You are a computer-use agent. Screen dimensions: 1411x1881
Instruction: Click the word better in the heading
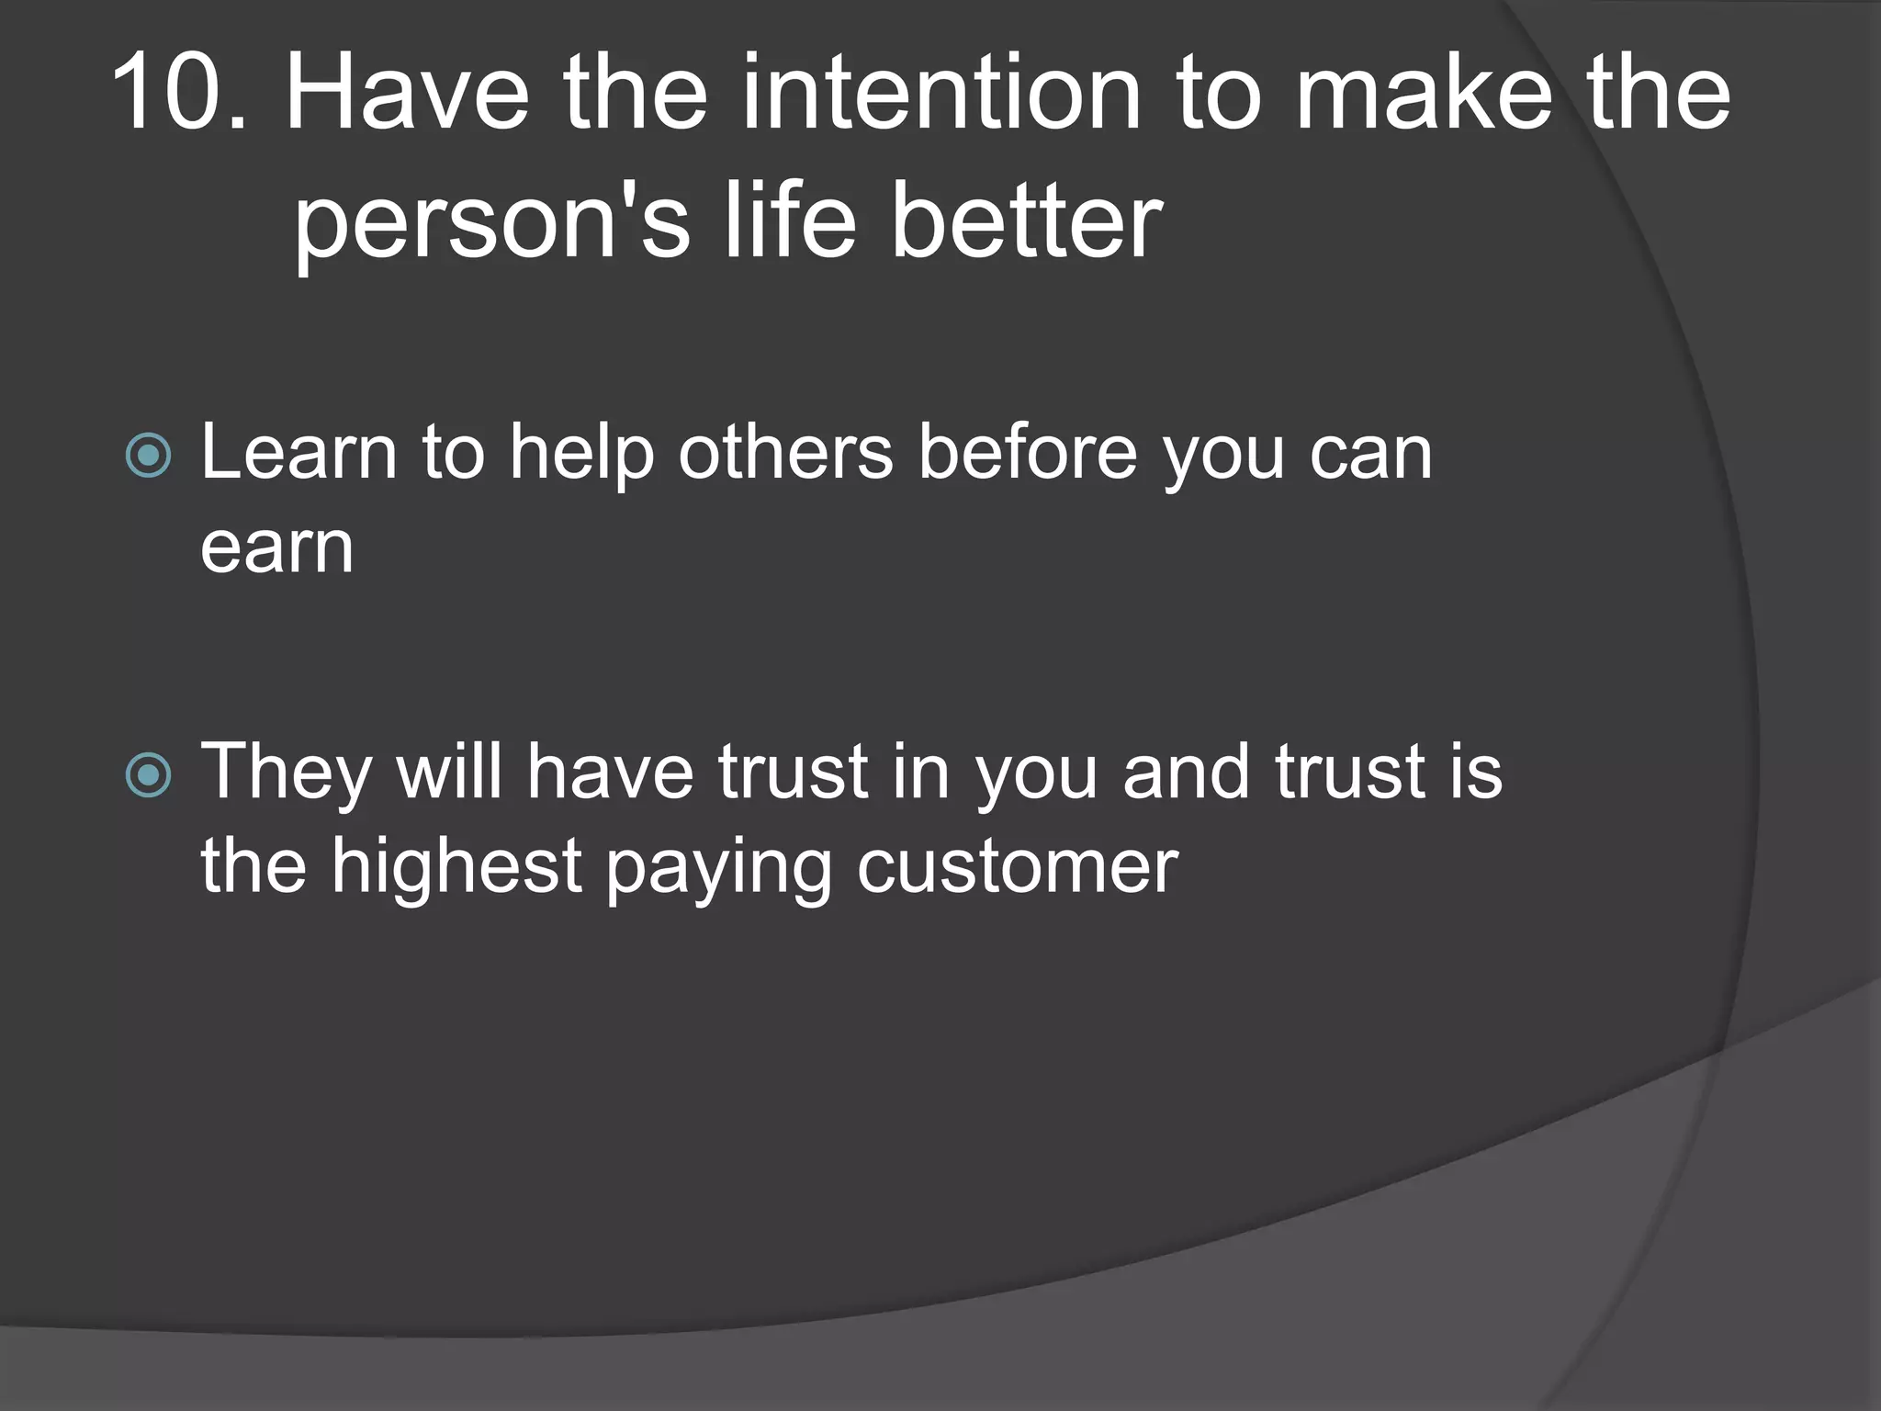(1026, 220)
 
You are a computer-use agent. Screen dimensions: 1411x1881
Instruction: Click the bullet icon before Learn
(148, 455)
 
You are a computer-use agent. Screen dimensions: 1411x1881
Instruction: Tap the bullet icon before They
(148, 774)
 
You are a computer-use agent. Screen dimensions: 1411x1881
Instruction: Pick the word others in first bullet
(785, 452)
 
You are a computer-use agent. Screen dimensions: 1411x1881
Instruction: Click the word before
(1028, 452)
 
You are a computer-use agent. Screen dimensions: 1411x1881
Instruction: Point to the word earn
(276, 549)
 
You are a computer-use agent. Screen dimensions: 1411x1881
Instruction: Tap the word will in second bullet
(448, 772)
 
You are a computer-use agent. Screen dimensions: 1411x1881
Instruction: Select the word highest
(456, 867)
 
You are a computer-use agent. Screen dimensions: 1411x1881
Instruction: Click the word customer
(1017, 867)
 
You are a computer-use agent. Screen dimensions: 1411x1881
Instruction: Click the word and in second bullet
(1186, 772)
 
